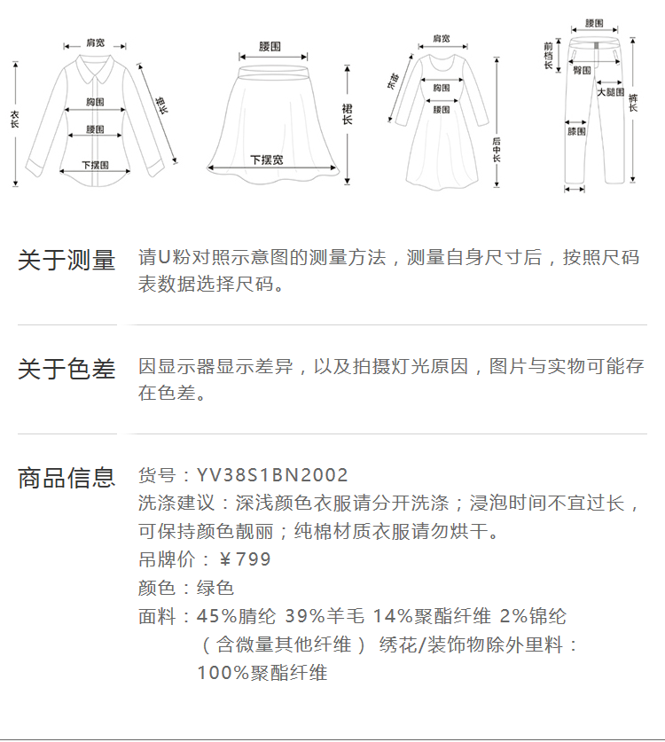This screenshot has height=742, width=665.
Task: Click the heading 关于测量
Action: coord(66,261)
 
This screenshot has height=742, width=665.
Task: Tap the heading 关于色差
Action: coord(66,369)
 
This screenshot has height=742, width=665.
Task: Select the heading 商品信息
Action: coord(66,478)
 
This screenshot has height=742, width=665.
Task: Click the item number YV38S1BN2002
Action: coord(272,476)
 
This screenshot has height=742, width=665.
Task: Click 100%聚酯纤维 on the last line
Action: coord(262,674)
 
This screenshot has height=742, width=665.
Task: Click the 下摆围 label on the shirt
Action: coord(95,165)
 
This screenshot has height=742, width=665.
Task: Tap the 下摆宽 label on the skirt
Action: coord(267,160)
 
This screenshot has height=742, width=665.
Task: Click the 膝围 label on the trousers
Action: coord(576,131)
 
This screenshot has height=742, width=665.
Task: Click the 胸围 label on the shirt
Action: coord(95,102)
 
